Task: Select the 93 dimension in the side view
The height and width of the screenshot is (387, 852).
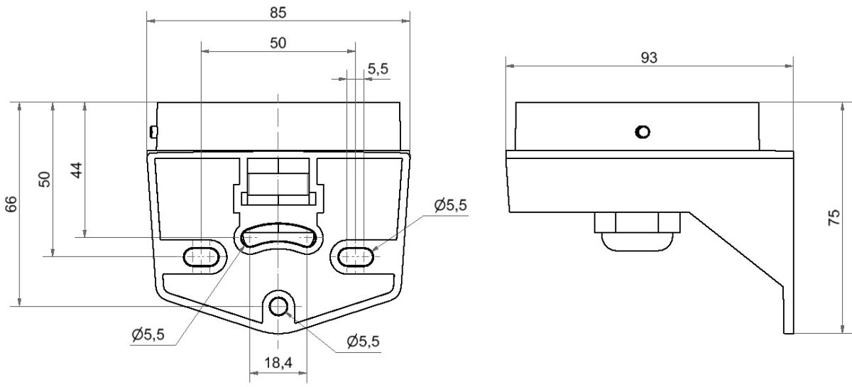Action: coord(648,58)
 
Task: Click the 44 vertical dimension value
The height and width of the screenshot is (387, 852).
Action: coord(77,170)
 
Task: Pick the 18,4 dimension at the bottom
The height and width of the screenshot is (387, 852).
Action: coord(278,363)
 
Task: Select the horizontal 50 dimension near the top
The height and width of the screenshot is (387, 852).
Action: coord(278,43)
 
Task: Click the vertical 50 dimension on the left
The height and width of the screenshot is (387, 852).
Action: coord(44,179)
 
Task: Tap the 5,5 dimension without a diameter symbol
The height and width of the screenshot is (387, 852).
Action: coord(378,69)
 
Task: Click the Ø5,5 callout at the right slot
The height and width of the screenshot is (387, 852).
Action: coord(450,206)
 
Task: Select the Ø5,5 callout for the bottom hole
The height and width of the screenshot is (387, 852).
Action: coord(363,341)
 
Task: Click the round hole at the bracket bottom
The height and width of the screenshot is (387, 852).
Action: coord(279,306)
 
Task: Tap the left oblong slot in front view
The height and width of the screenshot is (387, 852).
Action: coord(202,256)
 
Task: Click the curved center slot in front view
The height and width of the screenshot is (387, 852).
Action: coord(278,238)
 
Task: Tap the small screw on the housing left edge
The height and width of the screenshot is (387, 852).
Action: coord(153,131)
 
